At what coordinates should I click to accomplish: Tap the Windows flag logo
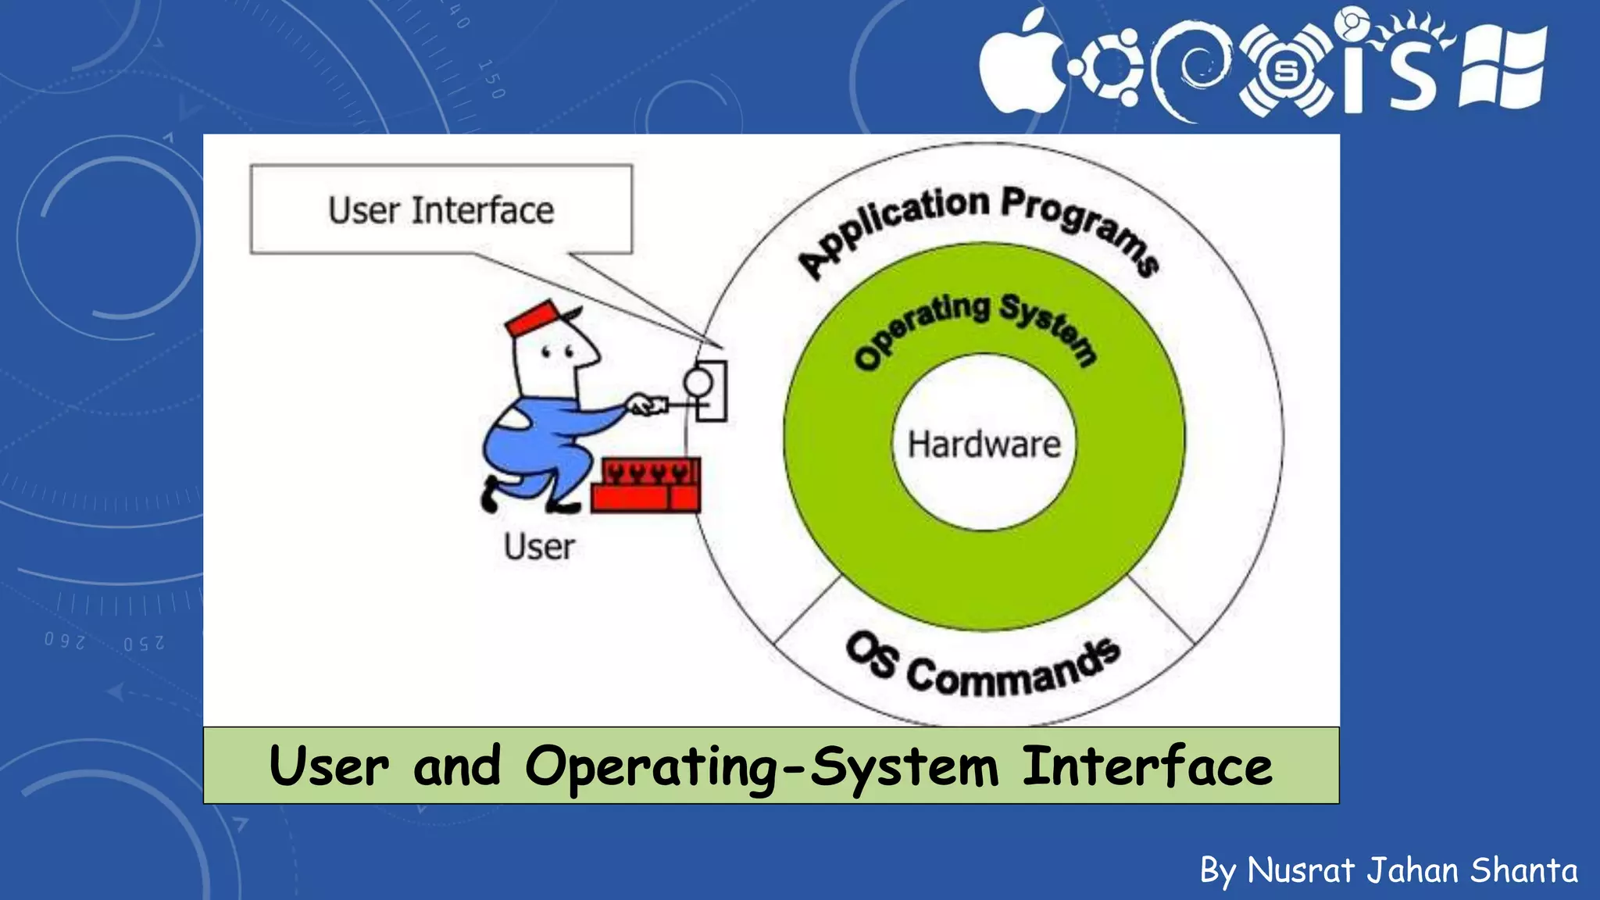(1502, 69)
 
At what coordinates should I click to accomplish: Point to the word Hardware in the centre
(984, 444)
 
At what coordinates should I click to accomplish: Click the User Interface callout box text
(441, 210)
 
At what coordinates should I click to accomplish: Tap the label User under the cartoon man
(538, 547)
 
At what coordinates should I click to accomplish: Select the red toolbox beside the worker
(645, 486)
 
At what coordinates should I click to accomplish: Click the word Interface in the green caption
(1147, 766)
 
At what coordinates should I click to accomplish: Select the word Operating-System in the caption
(761, 767)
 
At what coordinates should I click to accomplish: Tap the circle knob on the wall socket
(698, 382)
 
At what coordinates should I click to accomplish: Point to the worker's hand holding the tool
(642, 405)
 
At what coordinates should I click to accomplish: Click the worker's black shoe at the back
(490, 495)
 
